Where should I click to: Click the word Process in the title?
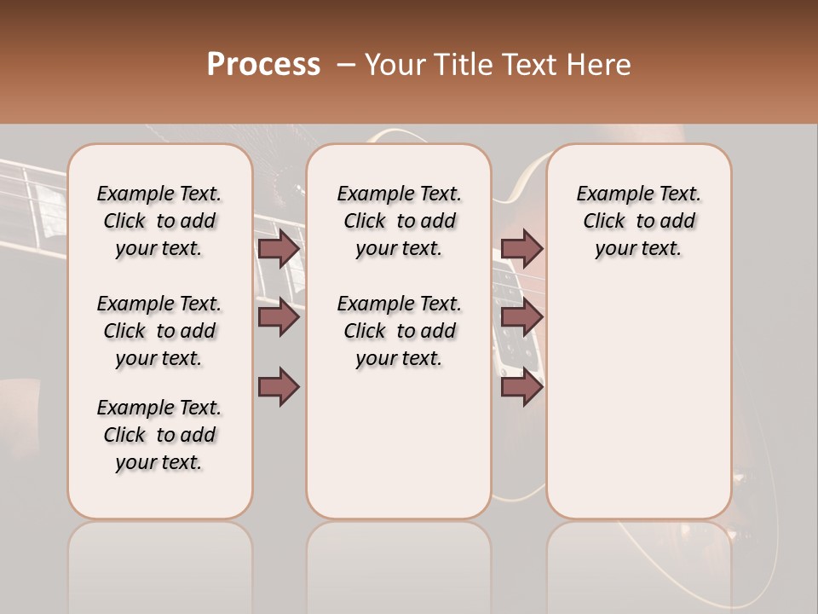pos(263,65)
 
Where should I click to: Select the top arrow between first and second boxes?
pos(279,249)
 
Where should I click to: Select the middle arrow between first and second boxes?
pos(279,317)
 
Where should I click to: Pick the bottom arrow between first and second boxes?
pos(279,386)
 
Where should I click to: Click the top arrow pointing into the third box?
pos(521,249)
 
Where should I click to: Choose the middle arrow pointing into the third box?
pos(521,317)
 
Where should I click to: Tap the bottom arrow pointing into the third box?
pos(521,386)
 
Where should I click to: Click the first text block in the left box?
pos(159,221)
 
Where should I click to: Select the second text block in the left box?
pos(159,331)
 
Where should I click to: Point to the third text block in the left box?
pos(159,435)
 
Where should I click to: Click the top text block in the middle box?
pos(399,221)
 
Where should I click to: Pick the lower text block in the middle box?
pos(399,331)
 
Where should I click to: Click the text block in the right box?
pos(638,221)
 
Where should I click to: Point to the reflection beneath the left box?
pos(159,563)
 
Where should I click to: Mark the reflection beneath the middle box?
pos(399,563)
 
